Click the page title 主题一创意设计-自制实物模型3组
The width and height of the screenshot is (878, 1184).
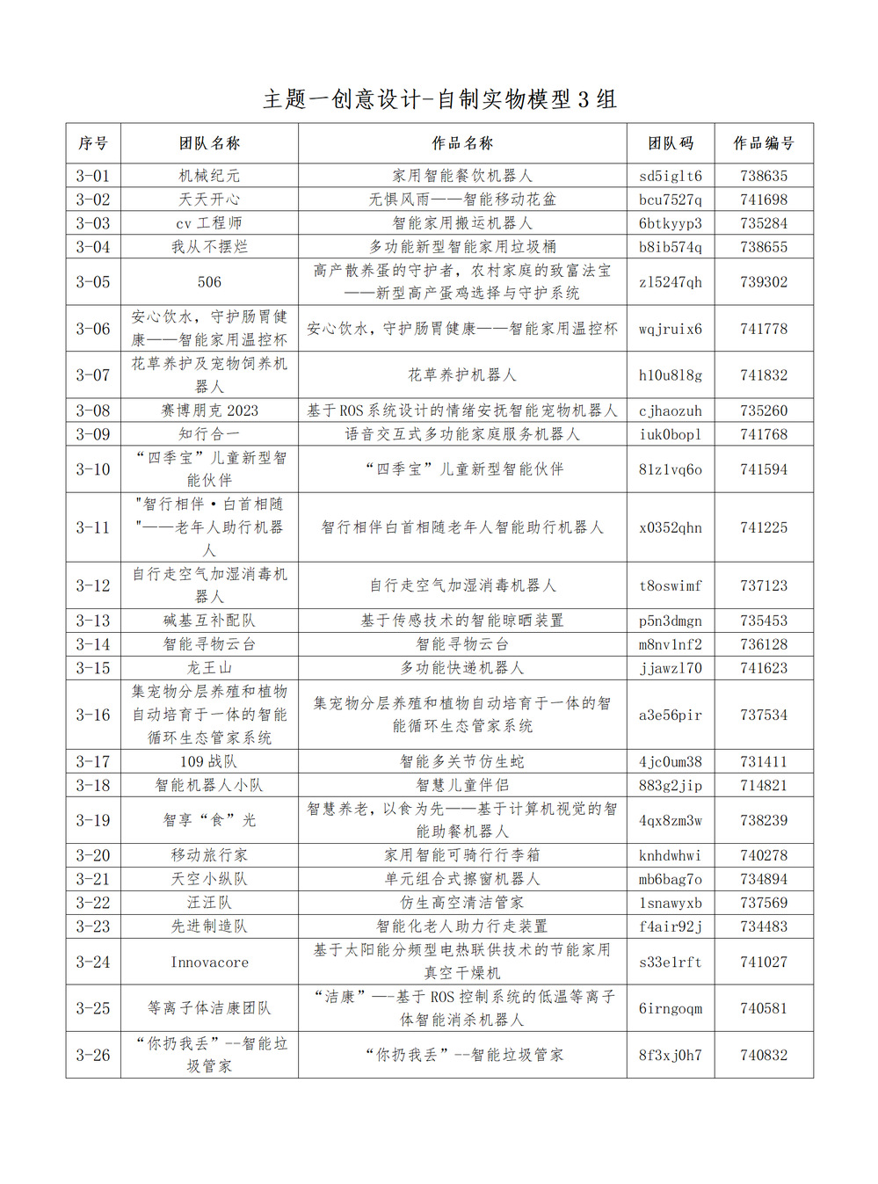point(439,99)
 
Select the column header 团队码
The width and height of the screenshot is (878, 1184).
point(670,143)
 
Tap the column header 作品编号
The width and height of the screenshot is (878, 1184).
point(763,143)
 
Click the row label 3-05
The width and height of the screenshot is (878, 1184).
point(93,282)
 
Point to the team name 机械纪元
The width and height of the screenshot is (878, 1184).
point(209,176)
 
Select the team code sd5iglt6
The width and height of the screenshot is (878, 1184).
point(670,176)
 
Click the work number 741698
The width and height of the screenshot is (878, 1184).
point(763,200)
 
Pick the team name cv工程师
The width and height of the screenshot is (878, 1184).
point(209,223)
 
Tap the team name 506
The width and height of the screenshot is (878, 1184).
point(209,282)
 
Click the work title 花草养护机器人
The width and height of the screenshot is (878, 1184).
point(462,375)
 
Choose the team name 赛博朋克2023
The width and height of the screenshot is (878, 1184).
point(209,410)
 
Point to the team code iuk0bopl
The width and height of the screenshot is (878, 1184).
point(670,434)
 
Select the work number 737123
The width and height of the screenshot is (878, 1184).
point(763,585)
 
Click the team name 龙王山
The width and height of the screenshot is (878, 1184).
point(209,668)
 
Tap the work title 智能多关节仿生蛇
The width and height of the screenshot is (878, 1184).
point(462,762)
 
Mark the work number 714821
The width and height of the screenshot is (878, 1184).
point(763,786)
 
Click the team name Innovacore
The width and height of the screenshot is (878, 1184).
point(209,962)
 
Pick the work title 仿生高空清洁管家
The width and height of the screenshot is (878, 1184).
point(462,903)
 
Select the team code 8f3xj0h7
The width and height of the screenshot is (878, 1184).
point(670,1055)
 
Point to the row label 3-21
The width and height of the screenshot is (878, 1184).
point(93,879)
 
